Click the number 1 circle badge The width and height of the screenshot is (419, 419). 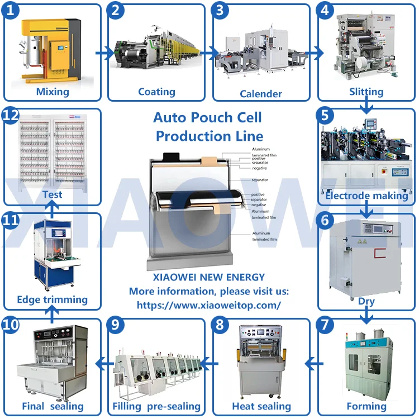click(12, 12)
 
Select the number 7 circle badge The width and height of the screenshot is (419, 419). click(326, 326)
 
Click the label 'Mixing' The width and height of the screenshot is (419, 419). click(53, 92)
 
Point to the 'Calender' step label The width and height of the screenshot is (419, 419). click(261, 93)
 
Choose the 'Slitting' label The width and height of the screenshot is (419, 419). click(366, 92)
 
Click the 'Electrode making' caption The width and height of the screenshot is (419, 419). click(366, 196)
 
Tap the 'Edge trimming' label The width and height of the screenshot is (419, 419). click(52, 299)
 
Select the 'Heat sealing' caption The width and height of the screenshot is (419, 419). click(261, 406)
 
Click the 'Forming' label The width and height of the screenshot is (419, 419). click(366, 406)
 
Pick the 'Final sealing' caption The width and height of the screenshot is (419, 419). click(52, 406)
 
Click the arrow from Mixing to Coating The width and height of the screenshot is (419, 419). click(104, 54)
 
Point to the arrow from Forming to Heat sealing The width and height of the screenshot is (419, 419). click(315, 364)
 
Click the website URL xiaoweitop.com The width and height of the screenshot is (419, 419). click(209, 305)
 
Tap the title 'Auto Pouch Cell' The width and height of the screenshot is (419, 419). click(207, 118)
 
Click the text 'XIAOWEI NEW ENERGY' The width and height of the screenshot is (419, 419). click(209, 277)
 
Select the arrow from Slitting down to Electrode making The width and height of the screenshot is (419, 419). click(366, 104)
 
